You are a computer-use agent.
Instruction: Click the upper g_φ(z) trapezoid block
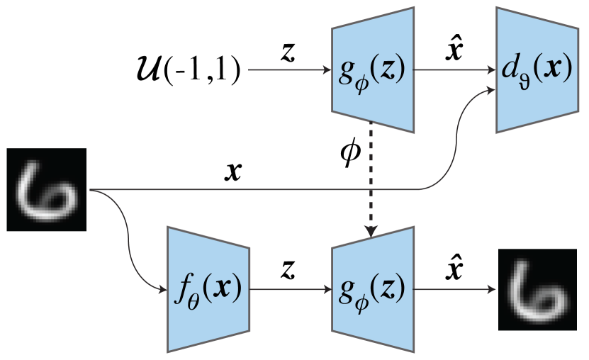[x=372, y=70]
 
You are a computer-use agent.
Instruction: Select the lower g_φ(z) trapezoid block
[x=372, y=289]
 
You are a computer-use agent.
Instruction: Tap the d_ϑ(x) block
[x=535, y=70]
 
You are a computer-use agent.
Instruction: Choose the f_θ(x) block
[x=208, y=289]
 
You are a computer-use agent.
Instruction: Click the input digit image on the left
[x=46, y=189]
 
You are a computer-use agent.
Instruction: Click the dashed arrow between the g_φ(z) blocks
[x=372, y=177]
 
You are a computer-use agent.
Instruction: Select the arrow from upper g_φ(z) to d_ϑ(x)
[x=454, y=71]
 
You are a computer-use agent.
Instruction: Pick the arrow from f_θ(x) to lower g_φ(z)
[x=291, y=289]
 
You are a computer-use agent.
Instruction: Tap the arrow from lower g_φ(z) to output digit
[x=454, y=289]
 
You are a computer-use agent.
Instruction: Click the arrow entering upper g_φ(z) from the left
[x=291, y=71]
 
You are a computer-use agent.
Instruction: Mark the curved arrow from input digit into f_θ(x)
[x=128, y=234]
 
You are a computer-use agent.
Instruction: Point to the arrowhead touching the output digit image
[x=490, y=289]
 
